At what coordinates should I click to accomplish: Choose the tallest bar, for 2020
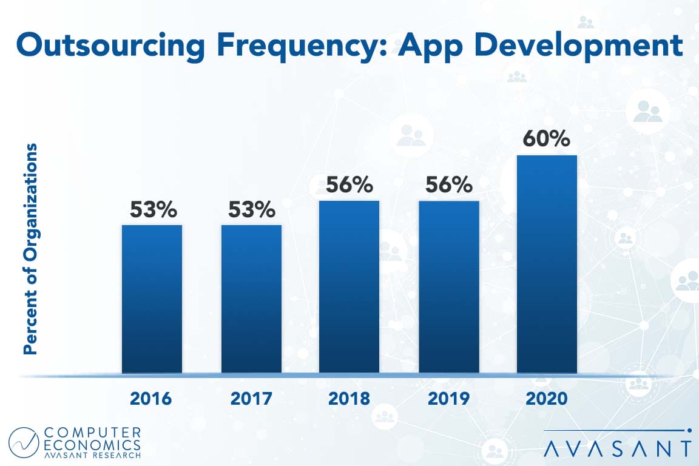click(x=546, y=264)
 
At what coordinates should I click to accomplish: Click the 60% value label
click(x=546, y=140)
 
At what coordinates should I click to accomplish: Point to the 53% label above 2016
click(x=153, y=210)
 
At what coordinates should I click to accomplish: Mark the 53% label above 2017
click(x=251, y=210)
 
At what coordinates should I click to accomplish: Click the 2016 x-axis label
click(x=151, y=399)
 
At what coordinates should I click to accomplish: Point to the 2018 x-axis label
click(x=349, y=399)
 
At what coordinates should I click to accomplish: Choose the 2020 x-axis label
click(x=546, y=399)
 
